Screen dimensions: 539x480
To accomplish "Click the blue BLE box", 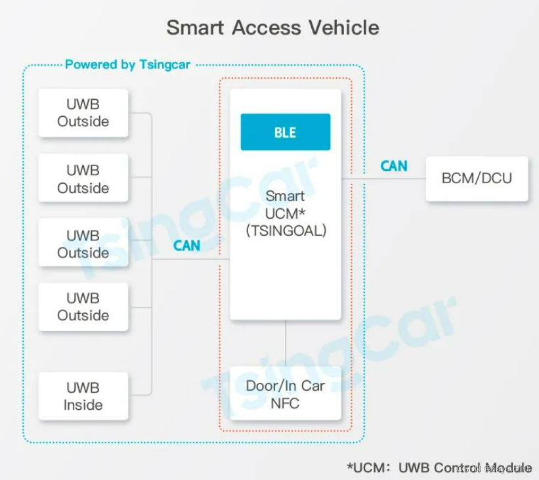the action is (285, 132).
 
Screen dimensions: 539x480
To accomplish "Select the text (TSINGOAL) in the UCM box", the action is (285, 230).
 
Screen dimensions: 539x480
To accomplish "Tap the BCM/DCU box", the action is (477, 178).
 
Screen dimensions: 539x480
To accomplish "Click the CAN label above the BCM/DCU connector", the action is (393, 166).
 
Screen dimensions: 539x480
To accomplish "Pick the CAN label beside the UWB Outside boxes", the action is (186, 246).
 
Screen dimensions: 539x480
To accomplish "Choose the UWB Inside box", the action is (83, 396).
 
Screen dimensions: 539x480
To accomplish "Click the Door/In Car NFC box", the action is (285, 393).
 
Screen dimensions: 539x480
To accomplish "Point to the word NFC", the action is (285, 403).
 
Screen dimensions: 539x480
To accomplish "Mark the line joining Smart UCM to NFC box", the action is (286, 343).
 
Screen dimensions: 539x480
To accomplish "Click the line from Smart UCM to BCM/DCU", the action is (384, 178).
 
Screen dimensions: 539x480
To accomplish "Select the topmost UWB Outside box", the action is (83, 113).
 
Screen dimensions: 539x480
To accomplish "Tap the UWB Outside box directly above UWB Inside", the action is (83, 307).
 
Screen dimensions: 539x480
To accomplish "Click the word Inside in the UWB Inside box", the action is (83, 405).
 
